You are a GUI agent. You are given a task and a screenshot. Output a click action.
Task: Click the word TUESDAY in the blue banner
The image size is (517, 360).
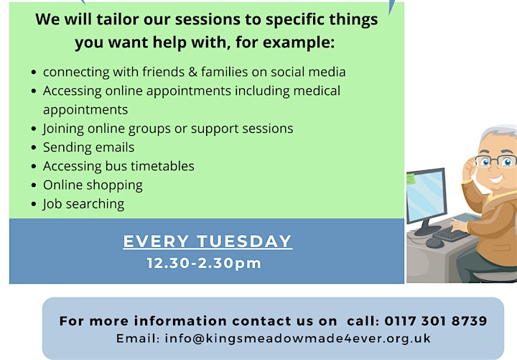[x=244, y=241]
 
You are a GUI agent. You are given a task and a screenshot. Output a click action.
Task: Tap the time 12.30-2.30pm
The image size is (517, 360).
[x=204, y=263]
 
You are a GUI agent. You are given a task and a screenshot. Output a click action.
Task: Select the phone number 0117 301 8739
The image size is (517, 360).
[x=436, y=320]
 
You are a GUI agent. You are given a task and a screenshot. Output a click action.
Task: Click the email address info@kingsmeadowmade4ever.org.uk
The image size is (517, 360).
[x=298, y=338]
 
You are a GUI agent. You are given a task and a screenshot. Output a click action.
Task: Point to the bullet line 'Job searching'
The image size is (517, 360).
[x=83, y=204]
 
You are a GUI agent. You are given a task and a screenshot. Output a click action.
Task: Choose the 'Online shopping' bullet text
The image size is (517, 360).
[x=93, y=185]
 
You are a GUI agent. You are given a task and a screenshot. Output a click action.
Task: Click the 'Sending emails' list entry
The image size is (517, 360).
[x=89, y=147]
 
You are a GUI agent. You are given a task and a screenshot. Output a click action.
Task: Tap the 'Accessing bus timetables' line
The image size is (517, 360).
[x=118, y=166]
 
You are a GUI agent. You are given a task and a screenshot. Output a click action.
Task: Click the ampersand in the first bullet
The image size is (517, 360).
[x=193, y=72]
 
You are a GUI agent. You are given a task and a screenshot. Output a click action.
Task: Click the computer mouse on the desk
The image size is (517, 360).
[x=434, y=243]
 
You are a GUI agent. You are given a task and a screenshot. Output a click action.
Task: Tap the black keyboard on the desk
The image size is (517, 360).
[x=451, y=234]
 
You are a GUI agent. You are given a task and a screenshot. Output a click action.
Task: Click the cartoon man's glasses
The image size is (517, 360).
[x=495, y=161]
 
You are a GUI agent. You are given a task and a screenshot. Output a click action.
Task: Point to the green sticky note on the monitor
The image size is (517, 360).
[x=411, y=179]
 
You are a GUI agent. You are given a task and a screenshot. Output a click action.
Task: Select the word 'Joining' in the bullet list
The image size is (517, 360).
[x=63, y=129]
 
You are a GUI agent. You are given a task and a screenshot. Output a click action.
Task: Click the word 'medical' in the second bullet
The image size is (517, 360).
[x=317, y=91]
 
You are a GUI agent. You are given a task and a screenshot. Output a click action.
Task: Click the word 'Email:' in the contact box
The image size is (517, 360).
[x=138, y=338]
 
